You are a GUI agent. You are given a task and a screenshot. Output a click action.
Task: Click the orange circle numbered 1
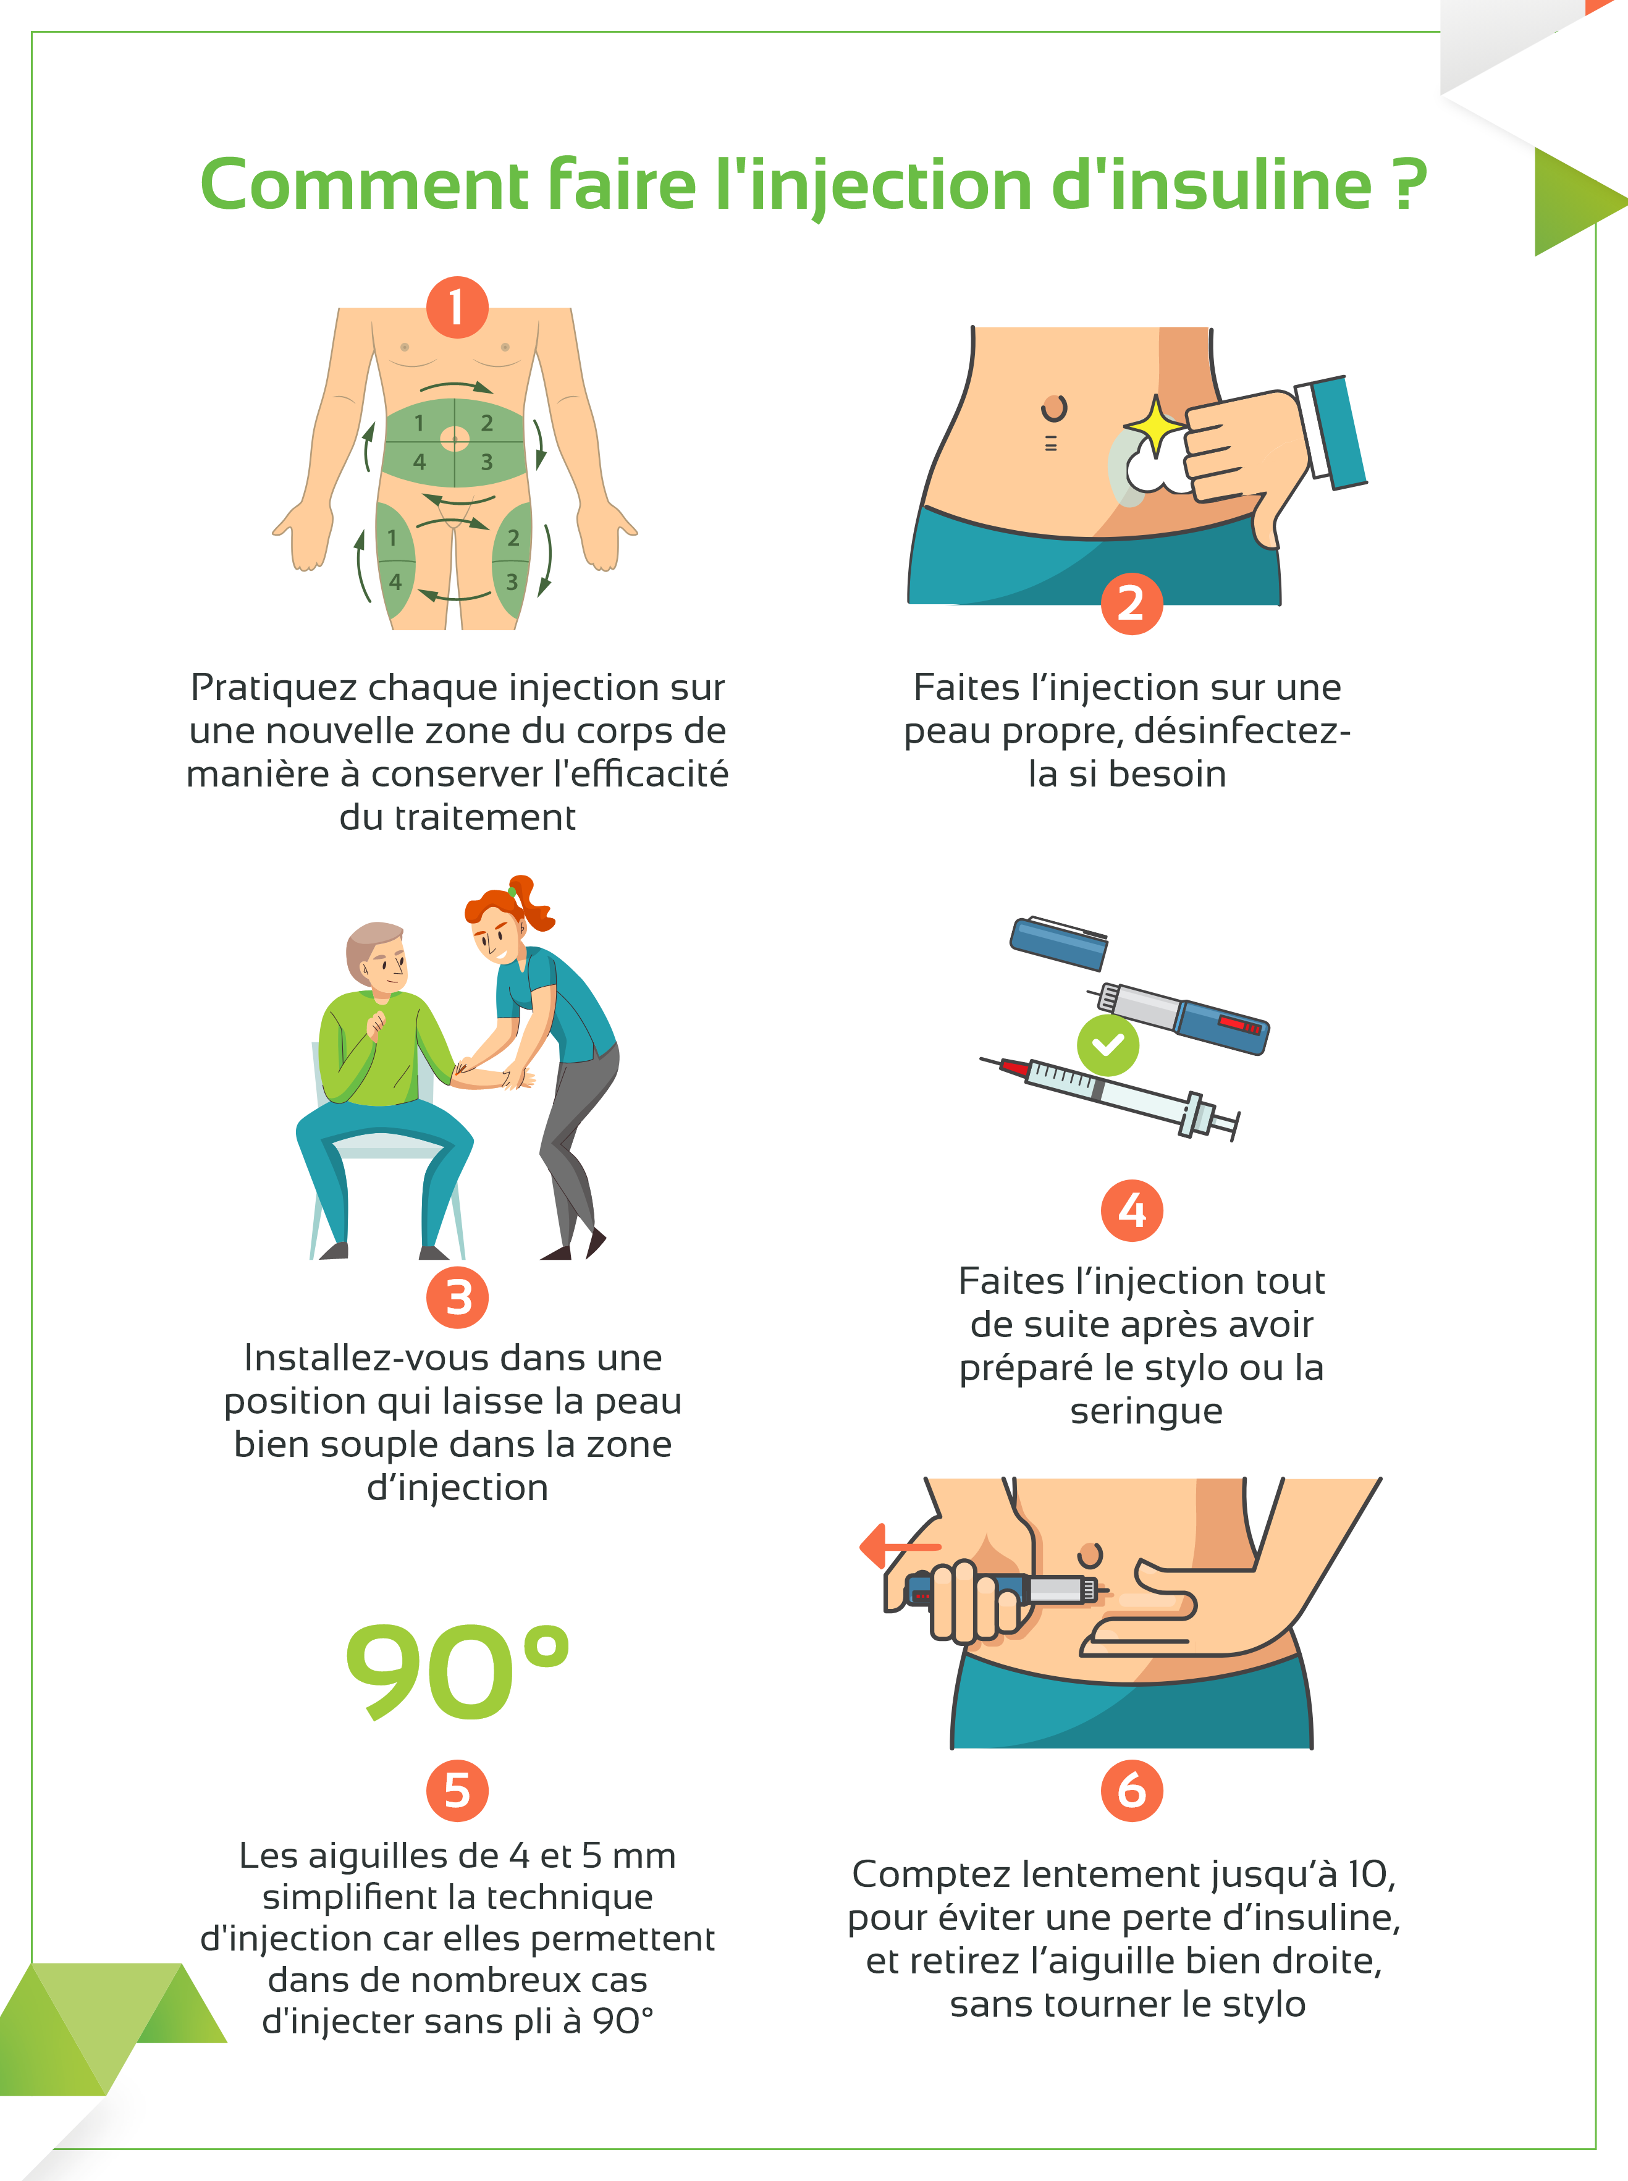point(457,308)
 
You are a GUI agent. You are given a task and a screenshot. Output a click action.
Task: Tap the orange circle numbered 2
point(1131,603)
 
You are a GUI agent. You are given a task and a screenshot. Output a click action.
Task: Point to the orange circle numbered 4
point(1131,1210)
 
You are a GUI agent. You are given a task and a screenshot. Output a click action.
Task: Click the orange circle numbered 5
point(457,1791)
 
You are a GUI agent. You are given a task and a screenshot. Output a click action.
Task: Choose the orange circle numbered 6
point(1131,1791)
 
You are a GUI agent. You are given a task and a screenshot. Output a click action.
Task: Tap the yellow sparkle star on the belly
point(1156,426)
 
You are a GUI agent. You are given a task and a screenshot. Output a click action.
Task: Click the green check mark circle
point(1108,1045)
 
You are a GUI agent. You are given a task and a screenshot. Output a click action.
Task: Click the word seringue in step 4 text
point(1146,1411)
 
